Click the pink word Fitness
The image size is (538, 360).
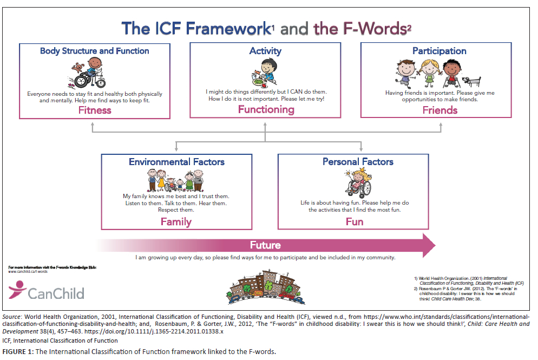[95, 110]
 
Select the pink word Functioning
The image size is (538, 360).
[266, 109]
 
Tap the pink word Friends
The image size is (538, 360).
[439, 110]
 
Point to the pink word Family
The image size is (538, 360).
[176, 221]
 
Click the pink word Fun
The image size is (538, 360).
[355, 221]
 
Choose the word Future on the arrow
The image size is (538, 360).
[265, 245]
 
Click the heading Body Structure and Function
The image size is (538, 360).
[95, 51]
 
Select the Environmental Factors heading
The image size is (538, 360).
[176, 162]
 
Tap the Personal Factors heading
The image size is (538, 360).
[358, 162]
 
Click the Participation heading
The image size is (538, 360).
[439, 51]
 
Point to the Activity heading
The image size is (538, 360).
[265, 51]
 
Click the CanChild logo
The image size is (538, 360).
[47, 292]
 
